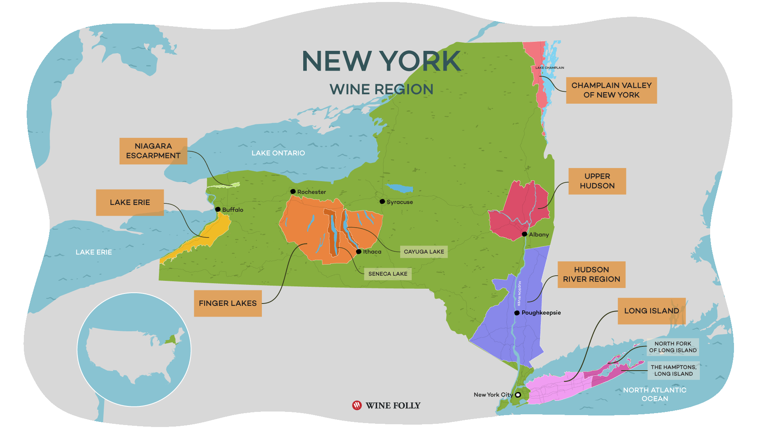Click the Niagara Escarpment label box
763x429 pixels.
point(153,151)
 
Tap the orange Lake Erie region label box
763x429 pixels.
point(130,203)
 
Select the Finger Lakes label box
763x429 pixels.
point(228,303)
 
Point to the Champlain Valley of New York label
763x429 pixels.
point(611,90)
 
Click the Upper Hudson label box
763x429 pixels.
point(597,181)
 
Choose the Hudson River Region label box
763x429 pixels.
point(591,274)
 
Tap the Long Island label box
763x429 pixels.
point(651,311)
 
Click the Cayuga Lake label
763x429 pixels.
point(424,252)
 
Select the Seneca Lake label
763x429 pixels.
point(387,274)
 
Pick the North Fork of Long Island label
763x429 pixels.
point(672,347)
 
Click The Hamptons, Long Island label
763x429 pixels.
point(673,370)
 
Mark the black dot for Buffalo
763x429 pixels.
point(218,209)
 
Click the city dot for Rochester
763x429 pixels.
point(293,191)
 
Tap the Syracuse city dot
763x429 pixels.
point(382,201)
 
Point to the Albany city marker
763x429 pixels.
point(525,234)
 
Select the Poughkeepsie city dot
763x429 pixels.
point(517,313)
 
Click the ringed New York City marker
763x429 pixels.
point(518,395)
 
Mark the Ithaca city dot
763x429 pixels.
point(359,251)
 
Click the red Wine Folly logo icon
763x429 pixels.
point(357,405)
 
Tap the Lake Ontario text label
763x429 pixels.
point(278,153)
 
